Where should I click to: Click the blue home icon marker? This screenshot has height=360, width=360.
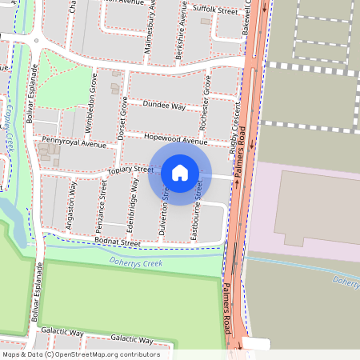pyautogui.click(x=180, y=173)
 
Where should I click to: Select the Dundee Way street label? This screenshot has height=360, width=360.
pyautogui.click(x=163, y=106)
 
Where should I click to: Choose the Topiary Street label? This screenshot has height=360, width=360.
pyautogui.click(x=130, y=170)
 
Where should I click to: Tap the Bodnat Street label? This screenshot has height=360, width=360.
pyautogui.click(x=117, y=242)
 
